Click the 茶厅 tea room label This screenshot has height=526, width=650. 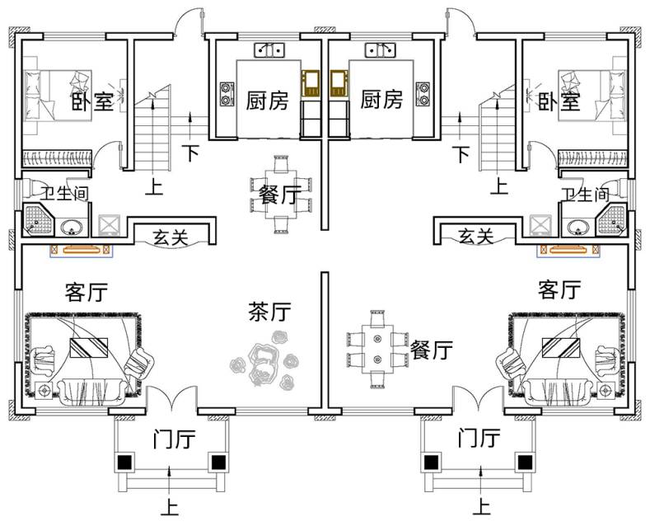click(269, 312)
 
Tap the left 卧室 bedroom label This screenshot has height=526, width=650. click(91, 101)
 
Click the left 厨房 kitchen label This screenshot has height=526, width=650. click(268, 101)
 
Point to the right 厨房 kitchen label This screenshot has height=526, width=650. click(382, 101)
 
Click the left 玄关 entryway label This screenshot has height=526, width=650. click(171, 238)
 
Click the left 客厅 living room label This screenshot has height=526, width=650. click(86, 292)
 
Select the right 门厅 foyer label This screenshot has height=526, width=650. click(479, 438)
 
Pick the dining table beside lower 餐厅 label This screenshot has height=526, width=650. click(376, 347)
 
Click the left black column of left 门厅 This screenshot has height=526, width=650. click(125, 463)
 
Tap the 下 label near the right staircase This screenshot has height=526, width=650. click(461, 153)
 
